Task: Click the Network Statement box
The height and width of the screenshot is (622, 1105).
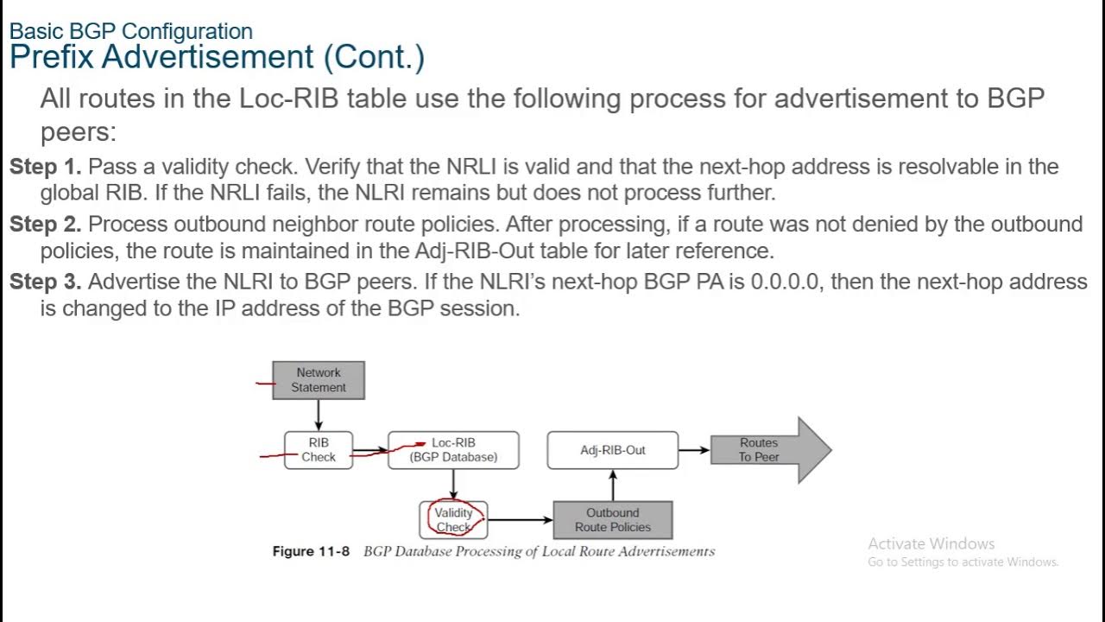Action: [x=319, y=380]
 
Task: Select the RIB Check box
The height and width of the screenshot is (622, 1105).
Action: [x=319, y=450]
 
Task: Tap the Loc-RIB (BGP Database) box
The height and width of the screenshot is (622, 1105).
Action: [x=453, y=450]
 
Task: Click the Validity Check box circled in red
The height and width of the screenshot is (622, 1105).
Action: [x=453, y=520]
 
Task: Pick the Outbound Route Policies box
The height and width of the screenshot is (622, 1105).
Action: [x=612, y=520]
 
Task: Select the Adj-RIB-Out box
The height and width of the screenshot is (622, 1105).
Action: [x=612, y=450]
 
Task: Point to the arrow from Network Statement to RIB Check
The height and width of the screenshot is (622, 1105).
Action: [x=319, y=416]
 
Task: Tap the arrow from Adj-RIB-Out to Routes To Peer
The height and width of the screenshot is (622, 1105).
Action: [x=693, y=450]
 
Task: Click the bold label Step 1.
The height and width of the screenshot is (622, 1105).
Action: [x=45, y=167]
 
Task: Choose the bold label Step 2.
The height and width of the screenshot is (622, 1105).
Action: [x=45, y=225]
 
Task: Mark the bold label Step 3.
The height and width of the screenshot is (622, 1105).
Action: [x=45, y=282]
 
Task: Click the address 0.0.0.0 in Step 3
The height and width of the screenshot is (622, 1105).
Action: [x=784, y=282]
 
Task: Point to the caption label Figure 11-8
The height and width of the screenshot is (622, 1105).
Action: [x=311, y=551]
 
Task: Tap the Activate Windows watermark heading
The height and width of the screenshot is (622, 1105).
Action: [x=931, y=543]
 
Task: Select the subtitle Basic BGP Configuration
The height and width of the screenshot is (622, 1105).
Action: [x=131, y=32]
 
